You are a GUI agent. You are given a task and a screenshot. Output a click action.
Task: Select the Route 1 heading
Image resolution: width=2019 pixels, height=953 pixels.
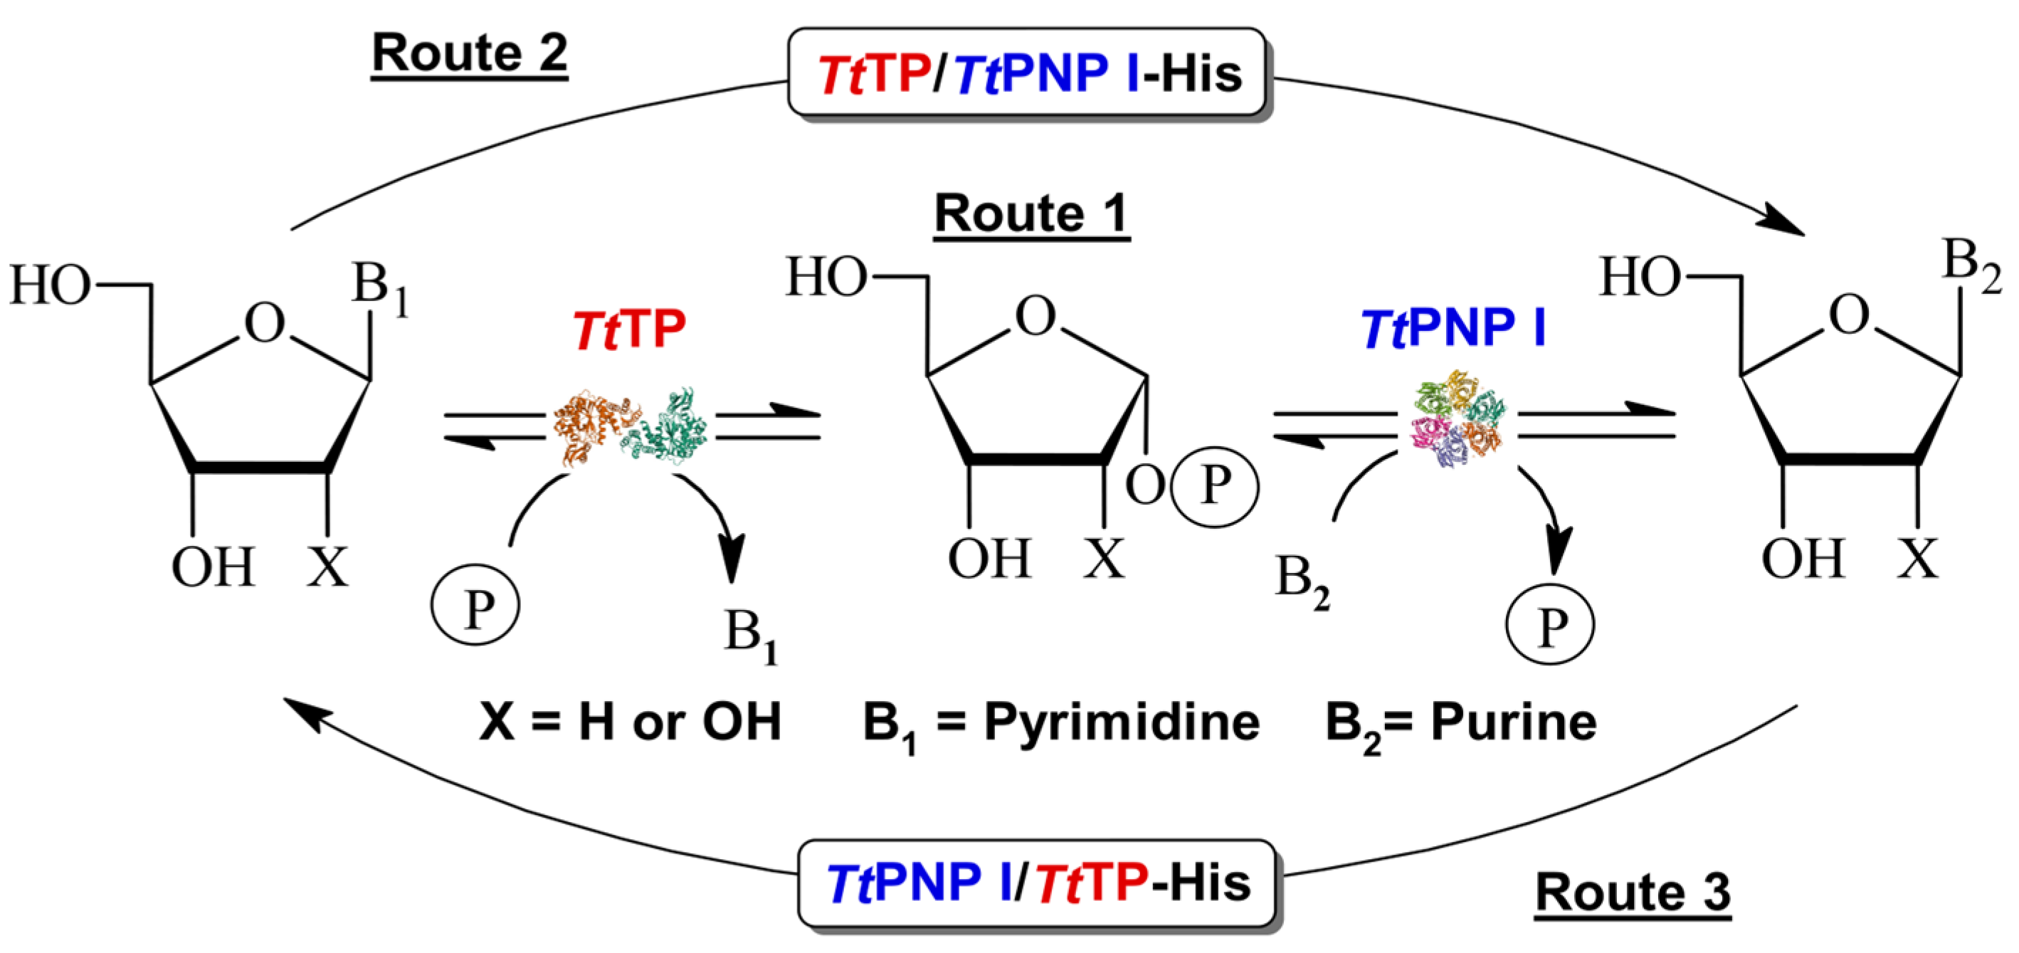[1031, 214]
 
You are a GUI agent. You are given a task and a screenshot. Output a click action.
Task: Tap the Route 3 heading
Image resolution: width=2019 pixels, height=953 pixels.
[1633, 892]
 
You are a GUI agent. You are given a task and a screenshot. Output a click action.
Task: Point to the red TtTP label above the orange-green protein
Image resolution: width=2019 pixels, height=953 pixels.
[629, 329]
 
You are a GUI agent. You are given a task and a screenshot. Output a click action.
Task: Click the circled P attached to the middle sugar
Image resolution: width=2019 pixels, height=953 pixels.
[1214, 486]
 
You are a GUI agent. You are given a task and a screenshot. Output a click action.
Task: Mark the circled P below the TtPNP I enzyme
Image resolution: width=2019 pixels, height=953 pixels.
[1549, 625]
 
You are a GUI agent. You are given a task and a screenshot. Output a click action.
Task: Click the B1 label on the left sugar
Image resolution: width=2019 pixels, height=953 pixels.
[379, 287]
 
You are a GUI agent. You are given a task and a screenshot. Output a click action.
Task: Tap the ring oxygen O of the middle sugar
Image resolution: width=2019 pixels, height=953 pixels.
[1035, 316]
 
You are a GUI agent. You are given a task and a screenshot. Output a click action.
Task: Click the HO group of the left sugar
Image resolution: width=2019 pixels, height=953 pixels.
[49, 285]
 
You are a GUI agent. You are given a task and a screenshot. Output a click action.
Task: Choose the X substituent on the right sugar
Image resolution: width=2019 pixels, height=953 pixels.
[1917, 558]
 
